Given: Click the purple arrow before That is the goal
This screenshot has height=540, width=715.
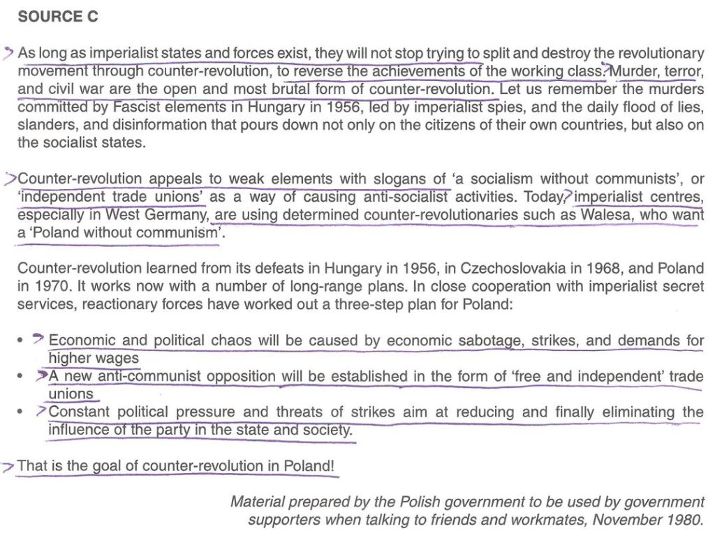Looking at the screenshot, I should pos(8,466).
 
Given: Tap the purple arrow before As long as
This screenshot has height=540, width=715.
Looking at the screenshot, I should pos(8,52).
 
